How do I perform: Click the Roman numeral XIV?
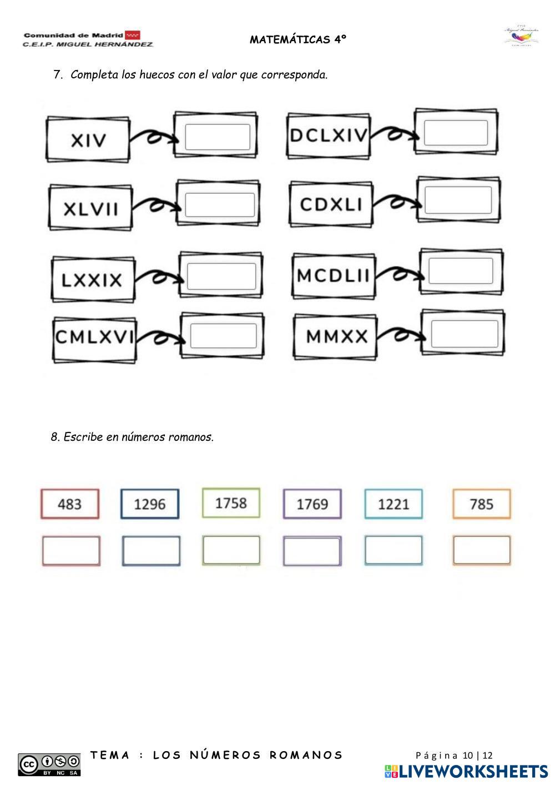click(x=88, y=140)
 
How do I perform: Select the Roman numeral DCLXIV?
click(x=329, y=135)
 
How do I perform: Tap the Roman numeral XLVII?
click(x=91, y=209)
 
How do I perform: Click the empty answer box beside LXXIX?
click(x=221, y=276)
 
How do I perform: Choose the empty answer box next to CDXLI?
click(x=458, y=200)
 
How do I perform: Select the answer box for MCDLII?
click(x=461, y=271)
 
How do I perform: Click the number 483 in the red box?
click(x=69, y=504)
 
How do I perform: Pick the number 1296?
click(x=150, y=504)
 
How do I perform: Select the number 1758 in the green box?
click(x=231, y=503)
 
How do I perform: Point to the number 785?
click(x=481, y=504)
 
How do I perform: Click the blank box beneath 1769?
click(x=312, y=551)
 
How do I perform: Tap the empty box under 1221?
click(x=393, y=551)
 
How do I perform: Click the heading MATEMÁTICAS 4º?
click(x=298, y=39)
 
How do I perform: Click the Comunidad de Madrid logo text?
click(x=73, y=35)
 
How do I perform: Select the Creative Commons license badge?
click(x=49, y=764)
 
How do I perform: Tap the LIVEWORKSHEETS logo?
click(x=466, y=771)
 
